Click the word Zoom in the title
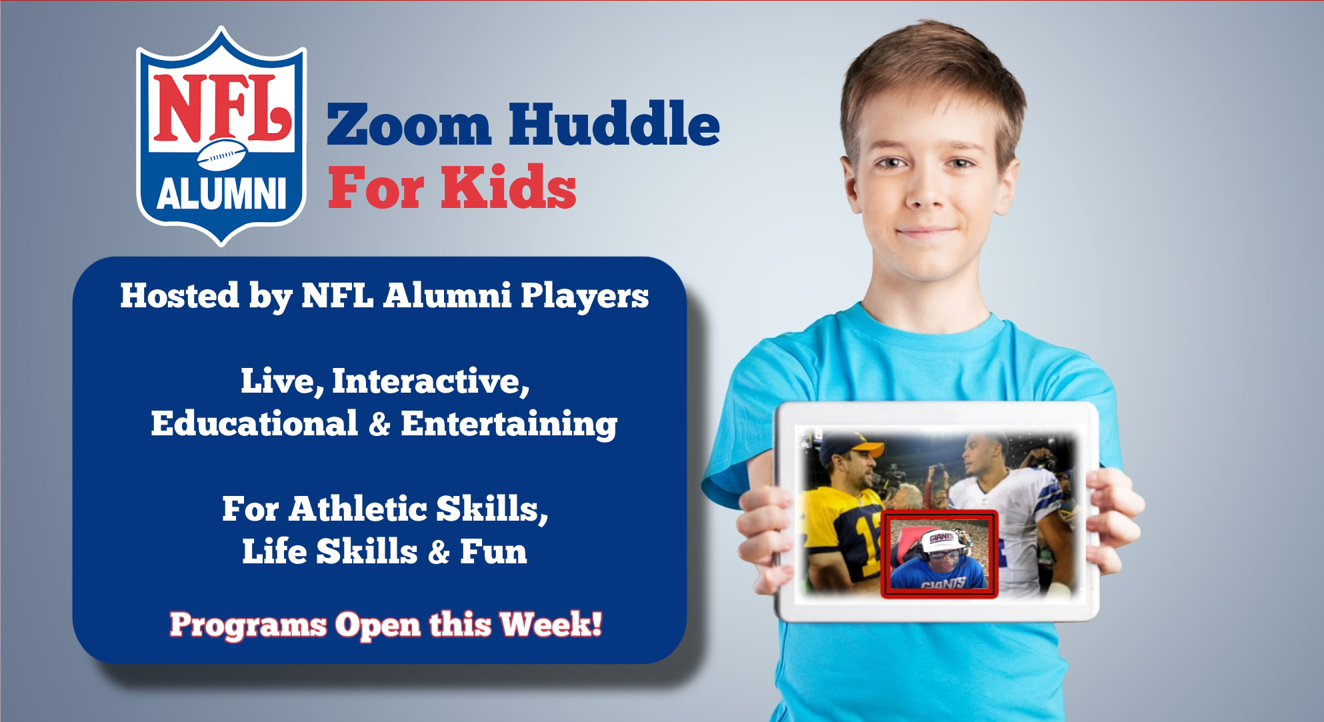[409, 125]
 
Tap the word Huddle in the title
[614, 123]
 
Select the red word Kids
[508, 187]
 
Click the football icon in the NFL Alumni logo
[221, 155]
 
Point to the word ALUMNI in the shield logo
[221, 194]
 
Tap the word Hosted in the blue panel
[179, 295]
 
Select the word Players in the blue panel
[584, 296]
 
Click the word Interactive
[431, 381]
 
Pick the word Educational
[254, 423]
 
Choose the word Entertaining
[509, 425]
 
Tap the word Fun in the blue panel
[493, 552]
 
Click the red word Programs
[248, 625]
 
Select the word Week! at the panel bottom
[551, 625]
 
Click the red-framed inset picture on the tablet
[939, 554]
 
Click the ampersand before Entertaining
[379, 425]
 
